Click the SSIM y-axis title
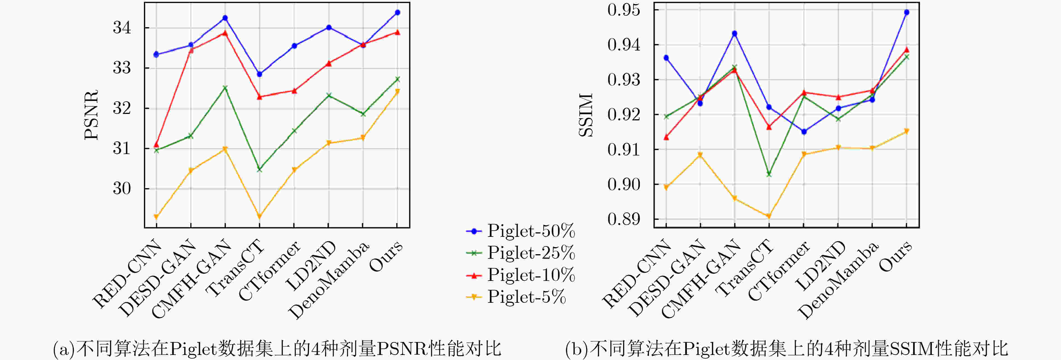(x=586, y=115)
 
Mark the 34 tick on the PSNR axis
(x=122, y=27)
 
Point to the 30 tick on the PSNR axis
(x=122, y=188)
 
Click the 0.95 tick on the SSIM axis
(x=624, y=10)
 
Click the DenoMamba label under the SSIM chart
(x=838, y=280)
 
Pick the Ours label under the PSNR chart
(x=386, y=256)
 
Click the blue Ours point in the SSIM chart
(x=907, y=12)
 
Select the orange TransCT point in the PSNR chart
(x=259, y=216)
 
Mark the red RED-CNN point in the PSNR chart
(x=156, y=145)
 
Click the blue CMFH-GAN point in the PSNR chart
(x=225, y=18)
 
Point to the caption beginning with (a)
(x=277, y=348)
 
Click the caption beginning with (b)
(x=787, y=348)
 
